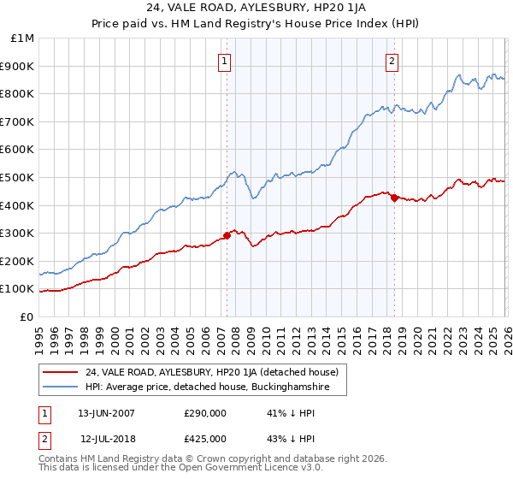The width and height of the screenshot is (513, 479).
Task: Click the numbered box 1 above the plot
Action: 224,61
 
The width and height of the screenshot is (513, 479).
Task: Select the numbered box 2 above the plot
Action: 392,61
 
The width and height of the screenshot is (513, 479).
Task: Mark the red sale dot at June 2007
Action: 227,235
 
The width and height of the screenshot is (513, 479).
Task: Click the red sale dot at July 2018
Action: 394,198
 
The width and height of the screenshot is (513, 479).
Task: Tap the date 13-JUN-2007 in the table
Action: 106,412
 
